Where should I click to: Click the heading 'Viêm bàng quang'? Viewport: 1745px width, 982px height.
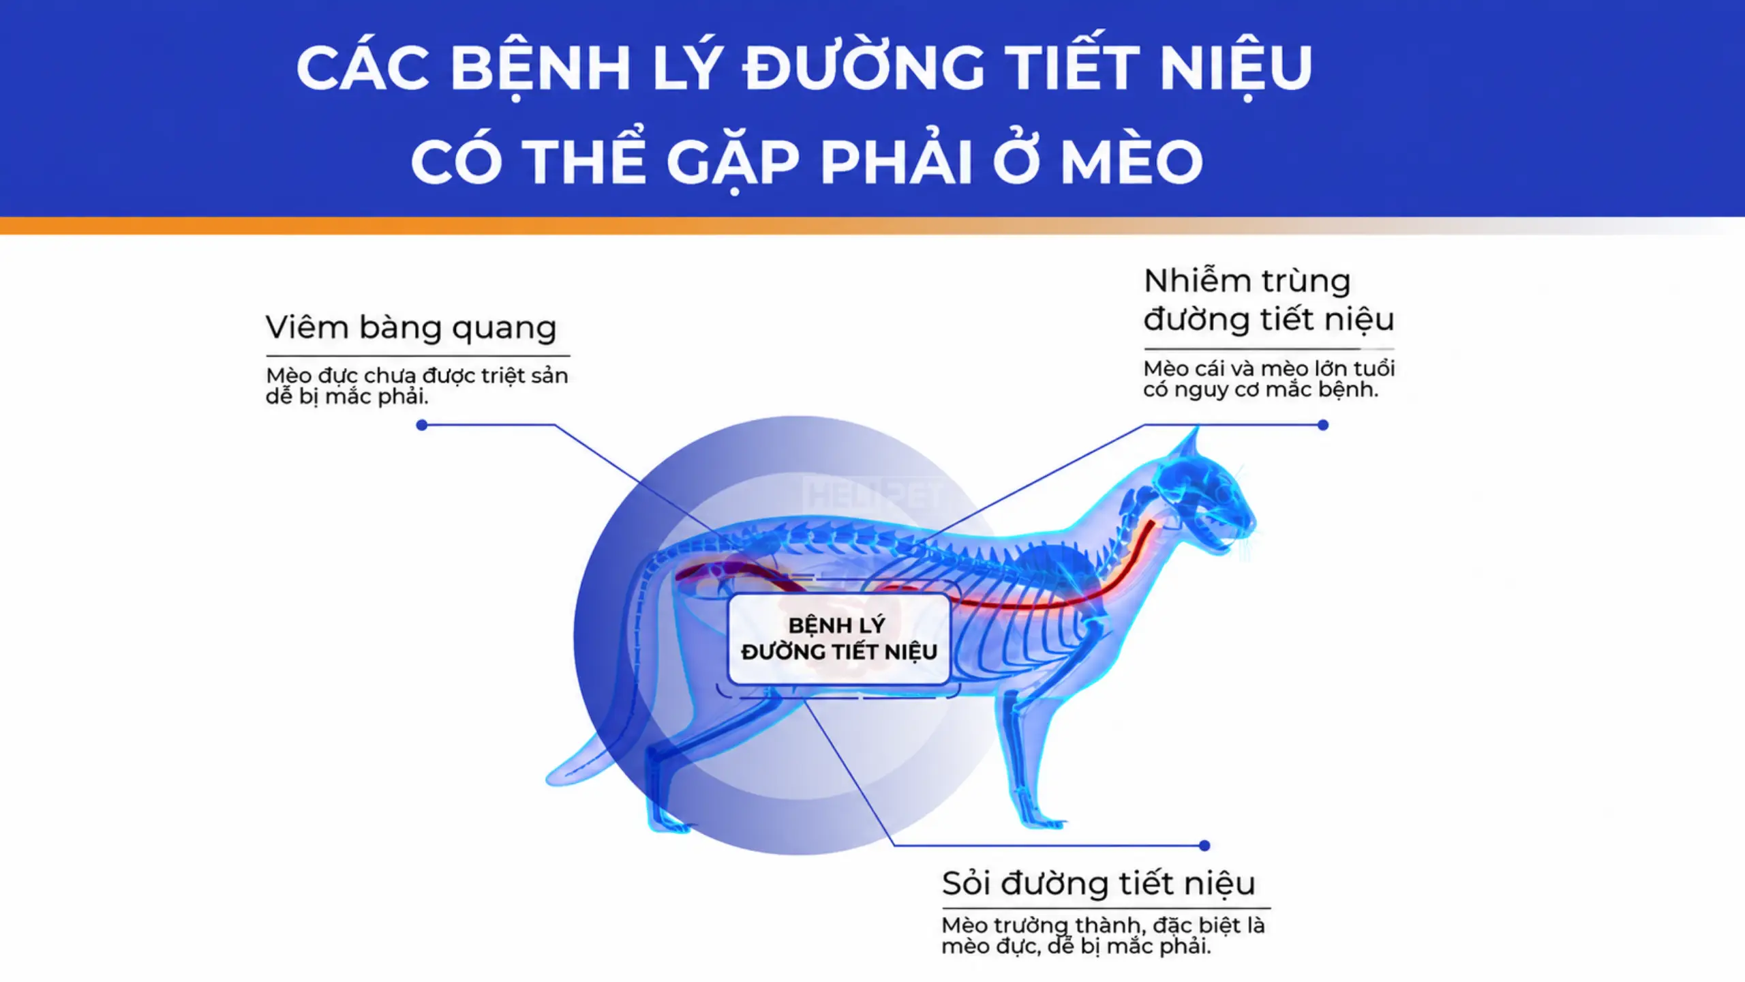tap(411, 328)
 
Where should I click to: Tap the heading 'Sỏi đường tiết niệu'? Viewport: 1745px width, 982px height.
tap(1098, 883)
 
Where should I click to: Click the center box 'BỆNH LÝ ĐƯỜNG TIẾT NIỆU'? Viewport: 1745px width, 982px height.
tap(839, 638)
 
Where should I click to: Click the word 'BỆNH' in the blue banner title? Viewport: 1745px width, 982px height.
tap(541, 68)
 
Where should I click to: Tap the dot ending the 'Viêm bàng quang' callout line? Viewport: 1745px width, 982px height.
tap(422, 426)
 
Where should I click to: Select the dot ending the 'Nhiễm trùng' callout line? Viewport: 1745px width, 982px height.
tap(1323, 426)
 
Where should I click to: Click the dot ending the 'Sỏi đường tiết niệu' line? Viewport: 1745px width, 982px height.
tap(1204, 846)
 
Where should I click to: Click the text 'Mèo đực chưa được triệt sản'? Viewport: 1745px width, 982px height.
tap(416, 376)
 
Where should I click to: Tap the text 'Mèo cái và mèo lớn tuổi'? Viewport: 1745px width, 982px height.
tap(1269, 369)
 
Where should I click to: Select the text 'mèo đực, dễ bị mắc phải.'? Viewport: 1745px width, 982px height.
tap(1076, 947)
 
